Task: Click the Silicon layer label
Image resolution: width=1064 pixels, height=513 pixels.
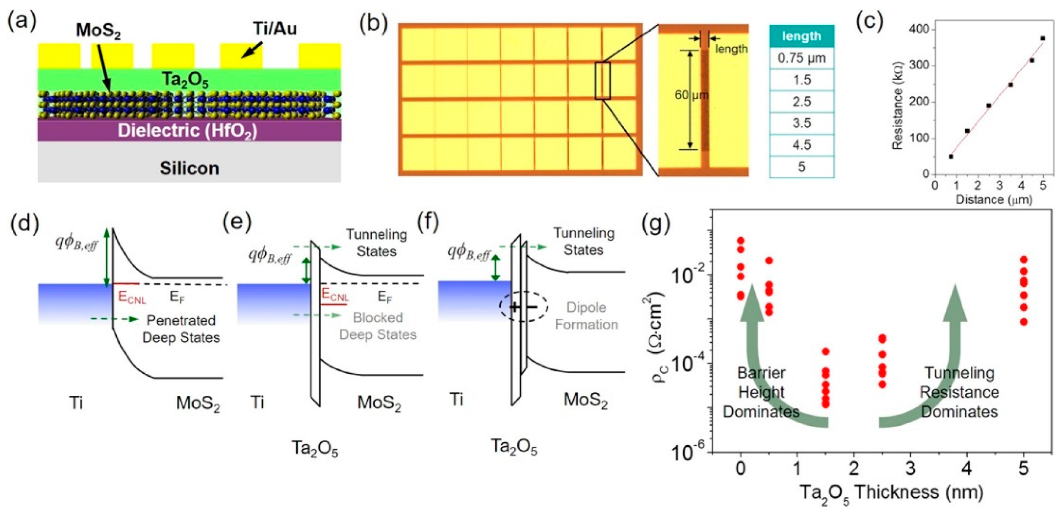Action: pyautogui.click(x=189, y=168)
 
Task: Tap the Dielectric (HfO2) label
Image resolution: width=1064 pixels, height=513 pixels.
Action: pyautogui.click(x=188, y=131)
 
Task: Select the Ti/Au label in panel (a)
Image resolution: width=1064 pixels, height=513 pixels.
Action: pyautogui.click(x=275, y=29)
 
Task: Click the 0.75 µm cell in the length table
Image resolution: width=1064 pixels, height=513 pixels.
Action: pyautogui.click(x=801, y=58)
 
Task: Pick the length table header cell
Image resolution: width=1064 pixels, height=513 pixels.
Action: pyautogui.click(x=801, y=36)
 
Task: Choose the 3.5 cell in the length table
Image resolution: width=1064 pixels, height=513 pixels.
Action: pyautogui.click(x=801, y=123)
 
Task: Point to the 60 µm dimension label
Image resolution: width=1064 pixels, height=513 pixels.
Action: pyautogui.click(x=691, y=95)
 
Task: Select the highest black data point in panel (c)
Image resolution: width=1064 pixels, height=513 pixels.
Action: pyautogui.click(x=1042, y=38)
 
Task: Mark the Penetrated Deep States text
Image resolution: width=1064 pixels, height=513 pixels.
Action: pyautogui.click(x=181, y=329)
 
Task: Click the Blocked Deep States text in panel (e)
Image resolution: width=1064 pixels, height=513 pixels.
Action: pyautogui.click(x=377, y=326)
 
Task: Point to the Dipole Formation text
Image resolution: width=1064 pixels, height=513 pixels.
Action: pyautogui.click(x=586, y=316)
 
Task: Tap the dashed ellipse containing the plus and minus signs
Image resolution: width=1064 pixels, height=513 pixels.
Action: pyautogui.click(x=523, y=307)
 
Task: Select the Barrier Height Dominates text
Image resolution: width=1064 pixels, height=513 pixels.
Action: pyautogui.click(x=761, y=392)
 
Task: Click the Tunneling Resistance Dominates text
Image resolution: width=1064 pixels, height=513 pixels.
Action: pyautogui.click(x=959, y=392)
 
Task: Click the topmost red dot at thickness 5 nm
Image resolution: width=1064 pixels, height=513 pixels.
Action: pyautogui.click(x=1024, y=259)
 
